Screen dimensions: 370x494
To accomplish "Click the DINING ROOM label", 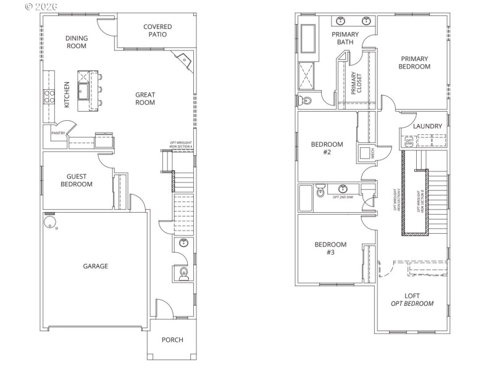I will [77, 42].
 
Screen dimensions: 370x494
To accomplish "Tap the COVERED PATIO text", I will [157, 30].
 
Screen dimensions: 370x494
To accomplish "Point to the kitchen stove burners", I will [49, 96].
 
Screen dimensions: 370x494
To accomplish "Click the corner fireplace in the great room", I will [183, 60].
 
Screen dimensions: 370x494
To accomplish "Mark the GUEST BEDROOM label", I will [76, 180].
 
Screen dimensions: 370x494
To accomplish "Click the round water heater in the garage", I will [49, 221].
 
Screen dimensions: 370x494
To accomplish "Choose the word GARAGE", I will [96, 266].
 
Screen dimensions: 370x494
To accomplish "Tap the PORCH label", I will [172, 340].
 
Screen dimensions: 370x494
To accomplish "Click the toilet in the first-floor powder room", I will [183, 274].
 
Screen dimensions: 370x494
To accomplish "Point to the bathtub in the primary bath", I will [308, 40].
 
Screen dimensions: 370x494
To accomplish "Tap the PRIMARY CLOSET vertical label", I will [356, 83].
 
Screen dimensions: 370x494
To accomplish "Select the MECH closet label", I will [373, 152].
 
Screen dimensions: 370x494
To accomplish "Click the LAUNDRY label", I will [428, 126].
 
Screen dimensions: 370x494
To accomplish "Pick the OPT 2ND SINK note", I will [343, 197].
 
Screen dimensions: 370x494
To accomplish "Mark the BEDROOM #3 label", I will [330, 249].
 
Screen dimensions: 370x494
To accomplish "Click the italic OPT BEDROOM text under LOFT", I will [412, 303].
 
